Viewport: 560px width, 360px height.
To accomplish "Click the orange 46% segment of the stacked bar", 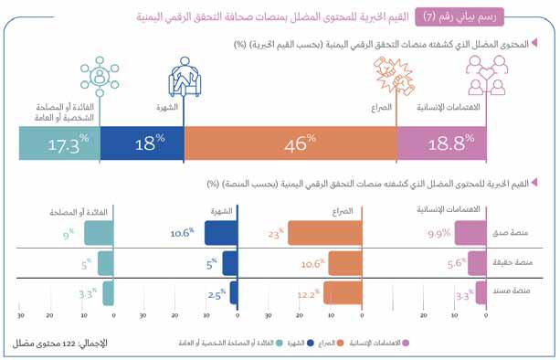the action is click(291, 143).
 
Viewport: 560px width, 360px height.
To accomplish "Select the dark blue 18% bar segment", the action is click(143, 143).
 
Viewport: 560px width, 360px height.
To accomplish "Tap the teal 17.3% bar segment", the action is click(59, 143).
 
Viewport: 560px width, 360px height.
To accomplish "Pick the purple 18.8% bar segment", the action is click(441, 143).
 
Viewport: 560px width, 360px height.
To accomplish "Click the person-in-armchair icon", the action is click(185, 77).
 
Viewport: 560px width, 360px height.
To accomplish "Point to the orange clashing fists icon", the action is click(394, 76).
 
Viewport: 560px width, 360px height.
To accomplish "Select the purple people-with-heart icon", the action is click(487, 75).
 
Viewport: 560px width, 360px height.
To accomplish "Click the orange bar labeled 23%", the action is click(325, 233).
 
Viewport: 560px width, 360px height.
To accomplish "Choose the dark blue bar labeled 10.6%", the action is click(221, 233).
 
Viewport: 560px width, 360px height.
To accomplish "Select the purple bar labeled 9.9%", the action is click(470, 233).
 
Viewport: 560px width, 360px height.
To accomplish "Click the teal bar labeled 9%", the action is click(99, 233).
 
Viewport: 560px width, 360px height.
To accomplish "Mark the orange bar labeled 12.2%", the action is click(343, 293).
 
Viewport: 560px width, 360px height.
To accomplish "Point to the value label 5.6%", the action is click(457, 263).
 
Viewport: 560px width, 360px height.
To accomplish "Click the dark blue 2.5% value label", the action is click(217, 294).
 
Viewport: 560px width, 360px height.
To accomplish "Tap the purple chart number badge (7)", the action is click(460, 16).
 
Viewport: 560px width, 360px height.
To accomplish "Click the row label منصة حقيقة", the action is click(512, 262).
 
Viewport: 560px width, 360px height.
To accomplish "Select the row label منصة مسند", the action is click(512, 291).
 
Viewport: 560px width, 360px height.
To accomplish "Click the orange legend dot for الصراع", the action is click(341, 344).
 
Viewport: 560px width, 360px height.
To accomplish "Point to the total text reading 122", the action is click(69, 344).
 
